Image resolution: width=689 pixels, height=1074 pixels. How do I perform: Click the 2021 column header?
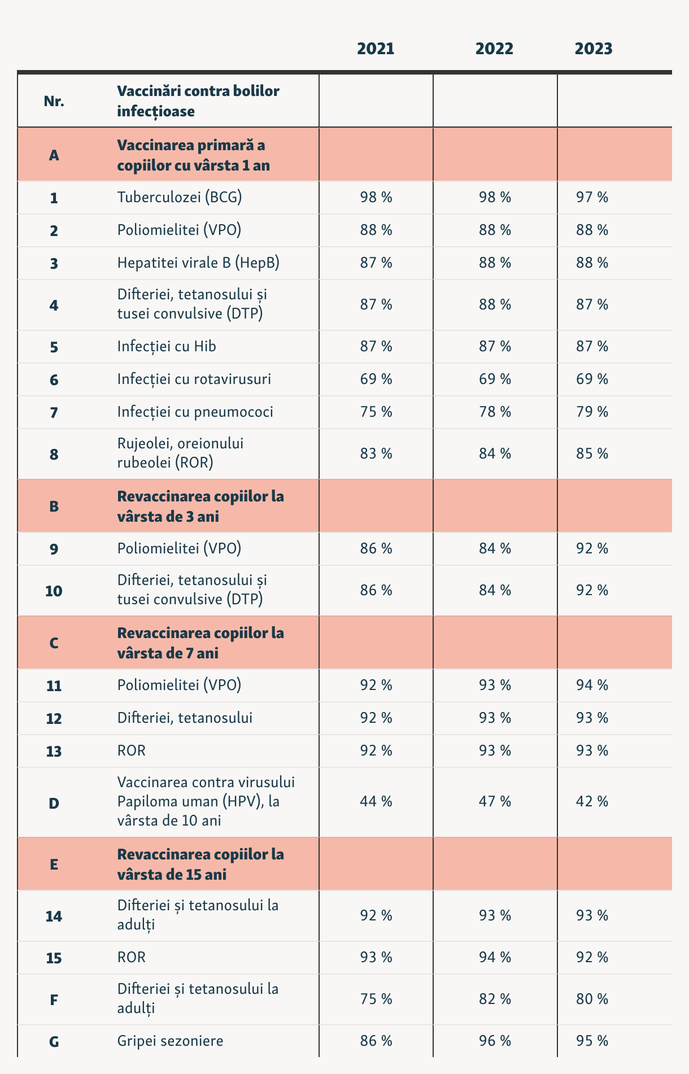tap(376, 49)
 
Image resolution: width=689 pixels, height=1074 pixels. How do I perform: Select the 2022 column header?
tap(494, 49)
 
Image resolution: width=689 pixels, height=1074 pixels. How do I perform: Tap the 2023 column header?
tap(593, 49)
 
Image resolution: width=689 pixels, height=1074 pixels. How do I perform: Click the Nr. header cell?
tap(54, 102)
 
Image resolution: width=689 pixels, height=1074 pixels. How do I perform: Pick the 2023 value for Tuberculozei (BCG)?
tap(591, 197)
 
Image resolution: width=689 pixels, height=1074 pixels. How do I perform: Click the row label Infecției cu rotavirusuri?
tap(194, 379)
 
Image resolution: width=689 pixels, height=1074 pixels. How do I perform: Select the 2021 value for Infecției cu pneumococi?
tap(376, 412)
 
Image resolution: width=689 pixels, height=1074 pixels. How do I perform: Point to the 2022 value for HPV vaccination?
tap(495, 801)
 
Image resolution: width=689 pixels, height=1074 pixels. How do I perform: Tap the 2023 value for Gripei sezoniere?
tap(591, 1041)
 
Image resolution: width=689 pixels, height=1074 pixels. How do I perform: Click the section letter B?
tap(54, 507)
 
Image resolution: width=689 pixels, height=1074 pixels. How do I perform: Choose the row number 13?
tap(54, 752)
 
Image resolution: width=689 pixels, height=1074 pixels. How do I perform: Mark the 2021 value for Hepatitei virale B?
tap(376, 263)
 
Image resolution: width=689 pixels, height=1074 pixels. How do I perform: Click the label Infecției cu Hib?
tap(167, 346)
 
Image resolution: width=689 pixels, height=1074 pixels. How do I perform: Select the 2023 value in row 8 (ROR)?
tap(591, 453)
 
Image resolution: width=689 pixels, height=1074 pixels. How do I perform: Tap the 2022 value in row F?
tap(495, 999)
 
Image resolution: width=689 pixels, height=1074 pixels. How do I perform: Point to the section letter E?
tap(54, 865)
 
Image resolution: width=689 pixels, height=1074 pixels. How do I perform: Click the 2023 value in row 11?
tap(591, 685)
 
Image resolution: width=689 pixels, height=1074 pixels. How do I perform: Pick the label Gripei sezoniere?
tap(170, 1041)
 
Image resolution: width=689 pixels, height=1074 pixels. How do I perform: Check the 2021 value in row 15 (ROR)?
tap(376, 957)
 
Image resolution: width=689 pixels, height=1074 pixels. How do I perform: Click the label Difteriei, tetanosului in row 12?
tap(185, 718)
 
